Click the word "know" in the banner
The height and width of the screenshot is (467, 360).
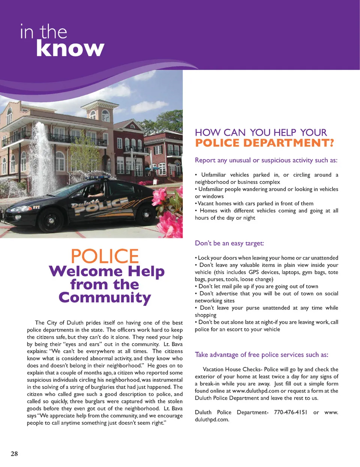[x=70, y=49]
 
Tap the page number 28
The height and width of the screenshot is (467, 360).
[x=14, y=454]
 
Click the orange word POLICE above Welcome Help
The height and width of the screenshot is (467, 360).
[x=105, y=257]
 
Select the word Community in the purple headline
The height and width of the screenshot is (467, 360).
[x=105, y=298]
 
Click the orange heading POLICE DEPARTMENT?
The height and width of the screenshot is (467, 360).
[x=264, y=143]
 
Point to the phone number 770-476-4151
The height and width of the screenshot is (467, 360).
[x=290, y=412]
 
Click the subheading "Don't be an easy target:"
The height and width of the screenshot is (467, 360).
[x=229, y=243]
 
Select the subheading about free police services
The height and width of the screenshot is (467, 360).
[x=261, y=355]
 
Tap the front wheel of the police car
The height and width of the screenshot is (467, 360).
[x=51, y=219]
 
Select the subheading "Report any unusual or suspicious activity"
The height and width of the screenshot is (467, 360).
[x=266, y=161]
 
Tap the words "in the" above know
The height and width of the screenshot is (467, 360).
[x=43, y=32]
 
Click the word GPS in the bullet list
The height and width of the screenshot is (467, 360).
[x=254, y=272]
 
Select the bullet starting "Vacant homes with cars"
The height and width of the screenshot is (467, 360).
[x=255, y=204]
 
